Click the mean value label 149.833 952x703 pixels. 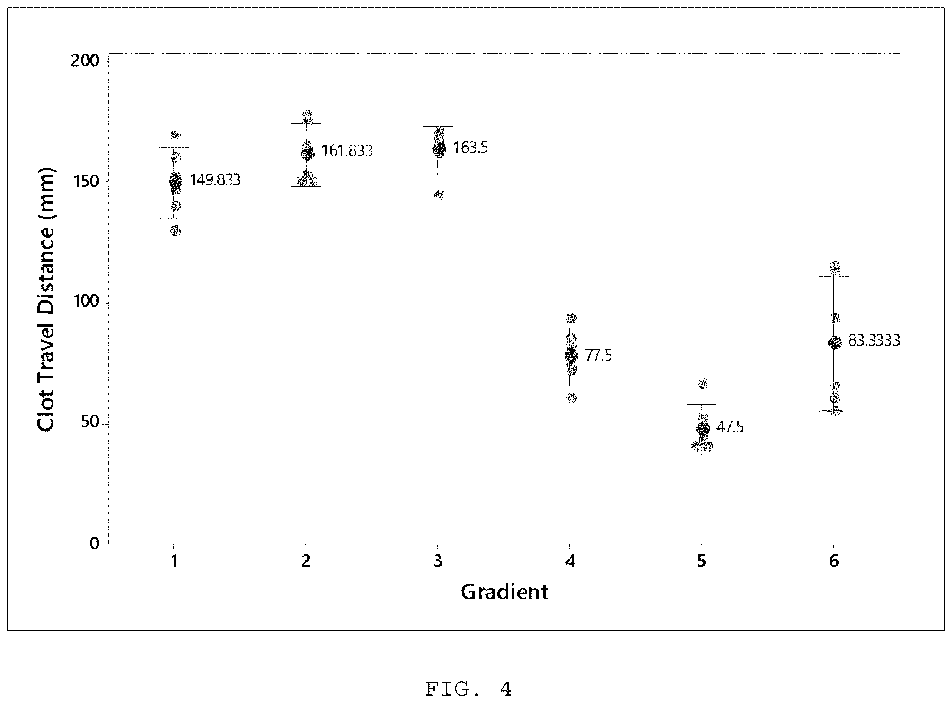(215, 180)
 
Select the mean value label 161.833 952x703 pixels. (347, 151)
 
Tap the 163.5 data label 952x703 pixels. (470, 148)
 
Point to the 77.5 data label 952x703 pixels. (598, 355)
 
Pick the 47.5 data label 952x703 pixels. (730, 427)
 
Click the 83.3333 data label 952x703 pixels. (874, 340)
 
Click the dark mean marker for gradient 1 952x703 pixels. (175, 182)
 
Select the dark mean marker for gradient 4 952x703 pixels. (571, 356)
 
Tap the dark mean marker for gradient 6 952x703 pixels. (835, 343)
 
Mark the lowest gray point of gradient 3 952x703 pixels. (439, 195)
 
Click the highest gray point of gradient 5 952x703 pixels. (703, 383)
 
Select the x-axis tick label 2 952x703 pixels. (306, 561)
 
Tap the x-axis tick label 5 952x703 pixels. (702, 561)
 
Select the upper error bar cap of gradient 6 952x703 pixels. (834, 277)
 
